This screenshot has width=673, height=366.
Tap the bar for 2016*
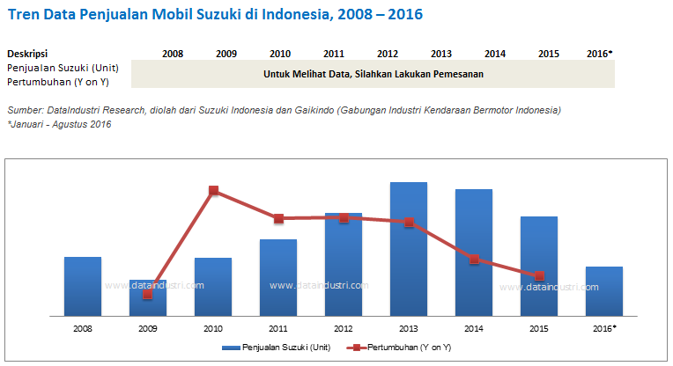tap(603, 291)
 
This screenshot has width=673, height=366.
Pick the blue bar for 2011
tap(278, 277)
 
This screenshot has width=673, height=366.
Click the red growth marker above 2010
tap(213, 190)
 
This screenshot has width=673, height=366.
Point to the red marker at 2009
tap(148, 294)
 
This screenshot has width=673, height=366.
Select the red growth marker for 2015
tap(539, 275)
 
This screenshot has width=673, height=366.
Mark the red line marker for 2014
tap(474, 260)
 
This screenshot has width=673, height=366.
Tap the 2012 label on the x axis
tap(344, 328)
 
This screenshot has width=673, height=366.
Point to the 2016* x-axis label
tap(604, 328)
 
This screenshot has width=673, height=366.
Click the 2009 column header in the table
tap(226, 54)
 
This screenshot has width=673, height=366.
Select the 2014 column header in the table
tap(495, 54)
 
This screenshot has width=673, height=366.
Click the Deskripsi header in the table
tap(27, 54)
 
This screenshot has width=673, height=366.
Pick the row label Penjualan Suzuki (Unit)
tap(63, 67)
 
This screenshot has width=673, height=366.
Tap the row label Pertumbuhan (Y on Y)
tap(56, 81)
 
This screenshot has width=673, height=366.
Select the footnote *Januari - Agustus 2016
tap(59, 124)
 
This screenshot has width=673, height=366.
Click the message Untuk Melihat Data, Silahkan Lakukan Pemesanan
tap(373, 74)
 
